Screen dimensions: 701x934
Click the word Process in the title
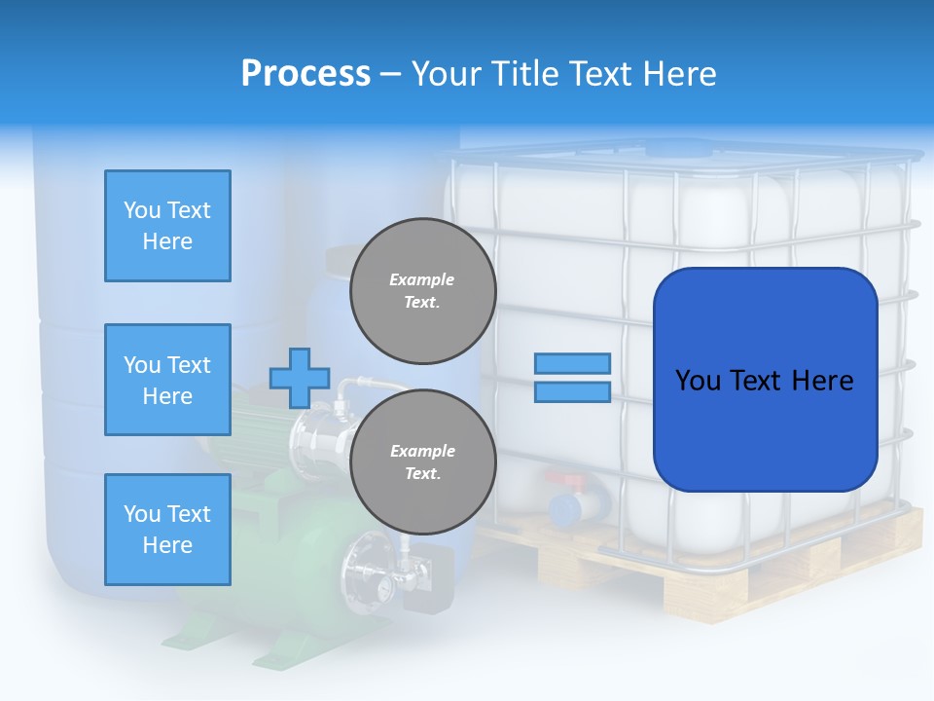coord(305,74)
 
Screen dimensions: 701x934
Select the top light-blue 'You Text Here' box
coord(167,226)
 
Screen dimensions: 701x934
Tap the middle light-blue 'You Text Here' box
coord(167,380)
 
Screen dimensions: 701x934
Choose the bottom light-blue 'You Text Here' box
coord(167,530)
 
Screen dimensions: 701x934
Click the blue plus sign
coord(300,378)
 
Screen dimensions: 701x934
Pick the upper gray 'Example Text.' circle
coord(422,291)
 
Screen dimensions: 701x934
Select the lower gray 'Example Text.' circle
coord(422,462)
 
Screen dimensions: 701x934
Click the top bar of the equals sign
coord(572,363)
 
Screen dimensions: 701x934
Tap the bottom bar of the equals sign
coord(572,392)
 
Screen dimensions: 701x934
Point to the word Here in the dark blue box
coord(822,381)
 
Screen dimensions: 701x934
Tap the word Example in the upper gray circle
coord(422,279)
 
